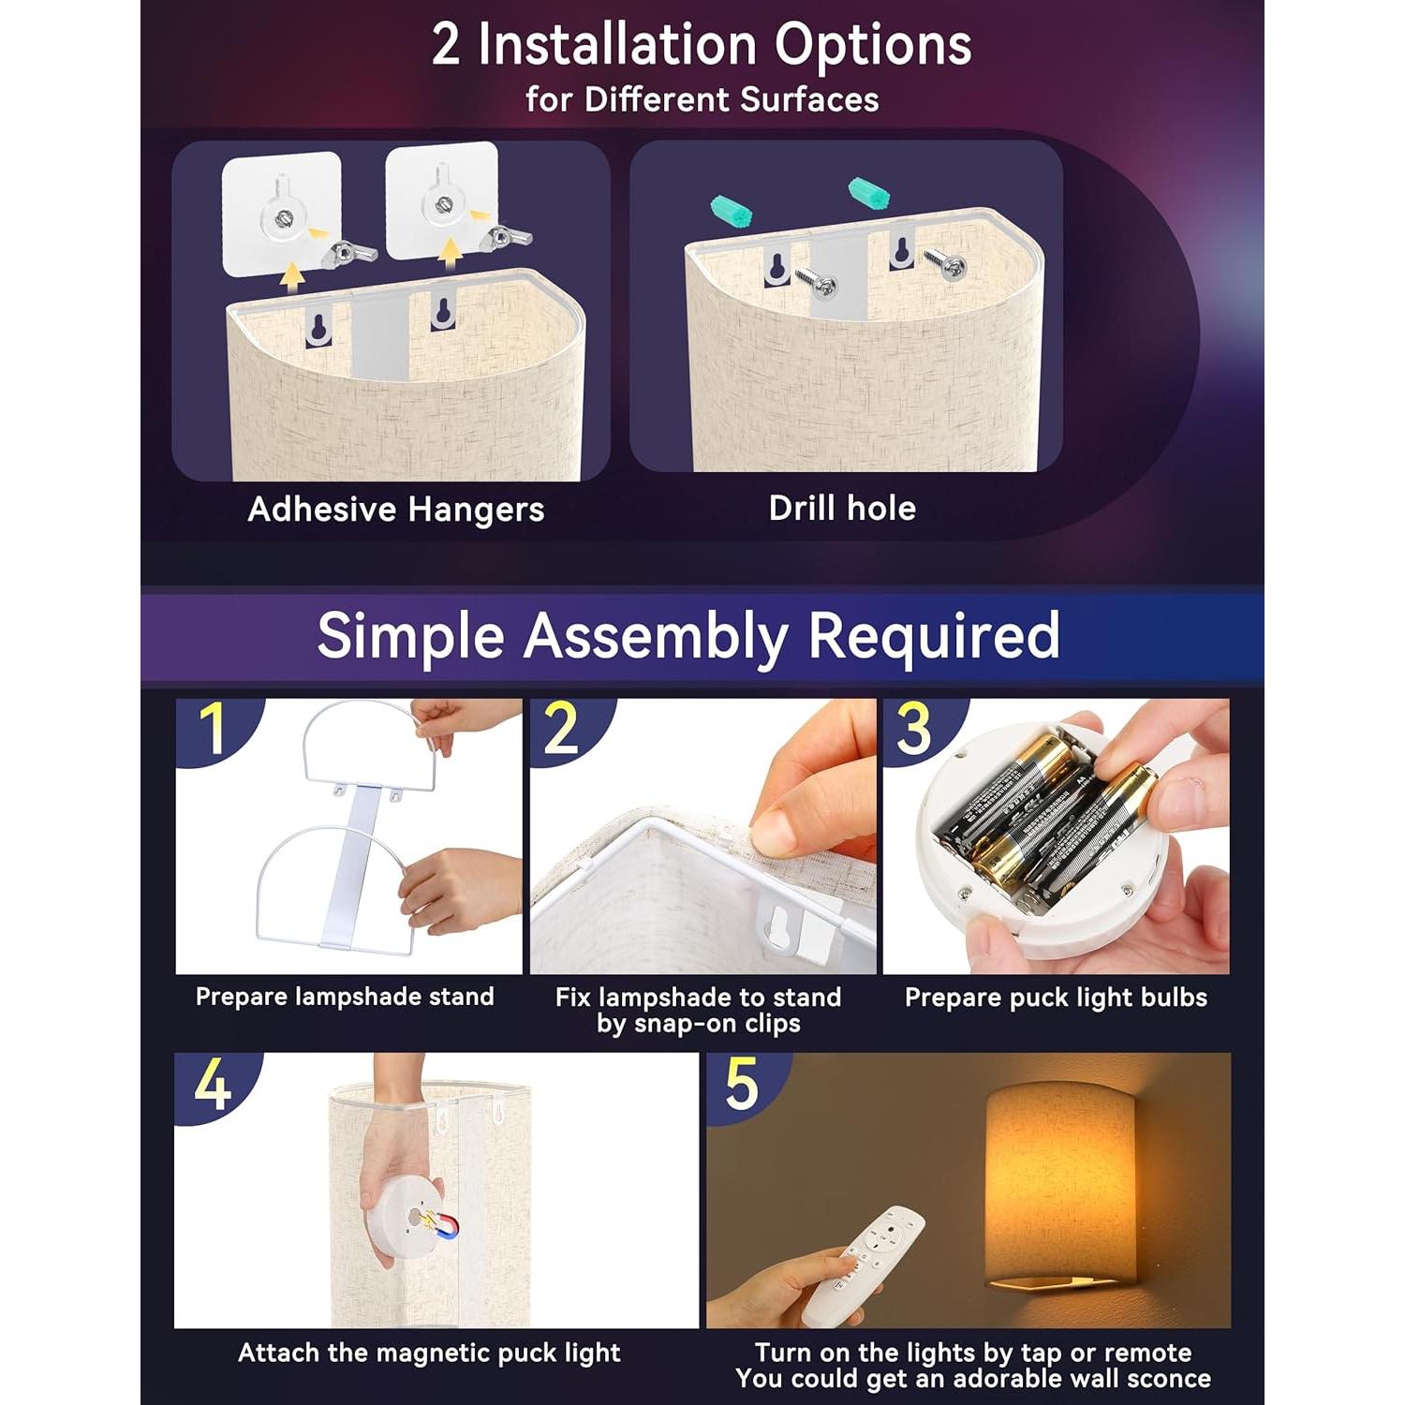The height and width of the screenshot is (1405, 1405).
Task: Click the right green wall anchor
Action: coord(868,194)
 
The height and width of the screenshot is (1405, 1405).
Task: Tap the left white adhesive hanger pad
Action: coord(281,213)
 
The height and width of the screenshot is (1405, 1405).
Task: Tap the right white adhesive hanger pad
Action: coord(441,200)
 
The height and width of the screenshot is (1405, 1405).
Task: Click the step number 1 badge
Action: coord(214,729)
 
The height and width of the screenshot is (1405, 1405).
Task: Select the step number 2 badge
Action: coord(562,729)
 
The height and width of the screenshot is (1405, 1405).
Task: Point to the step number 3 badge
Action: coord(913,729)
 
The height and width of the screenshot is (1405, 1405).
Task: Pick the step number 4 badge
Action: coord(213,1085)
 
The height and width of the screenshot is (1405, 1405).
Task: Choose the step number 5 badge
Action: coord(742,1085)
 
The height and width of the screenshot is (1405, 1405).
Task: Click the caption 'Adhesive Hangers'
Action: coord(395,510)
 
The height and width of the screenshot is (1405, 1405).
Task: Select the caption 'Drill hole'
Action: coord(842,508)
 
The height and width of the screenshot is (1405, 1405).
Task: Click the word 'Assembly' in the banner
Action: coord(655,636)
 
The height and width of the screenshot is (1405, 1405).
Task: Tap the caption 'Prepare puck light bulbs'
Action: coord(1056,998)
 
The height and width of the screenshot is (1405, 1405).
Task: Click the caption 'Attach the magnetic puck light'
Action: coord(429,1353)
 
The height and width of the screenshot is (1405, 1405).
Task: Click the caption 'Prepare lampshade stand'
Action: coord(345,997)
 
